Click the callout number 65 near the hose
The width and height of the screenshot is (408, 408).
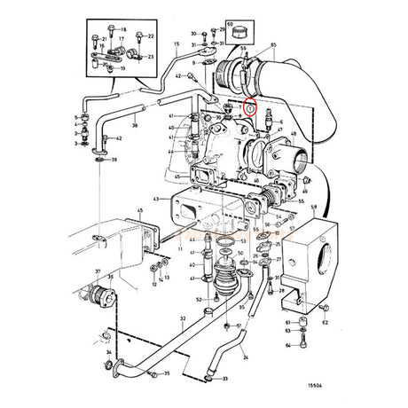pyautogui.click(x=273, y=43)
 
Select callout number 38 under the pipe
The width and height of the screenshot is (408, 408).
pyautogui.click(x=135, y=127)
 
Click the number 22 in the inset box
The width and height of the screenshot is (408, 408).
pyautogui.click(x=151, y=35)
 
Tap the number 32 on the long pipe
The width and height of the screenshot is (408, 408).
pyautogui.click(x=182, y=318)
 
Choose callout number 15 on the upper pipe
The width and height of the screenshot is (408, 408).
pyautogui.click(x=176, y=43)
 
